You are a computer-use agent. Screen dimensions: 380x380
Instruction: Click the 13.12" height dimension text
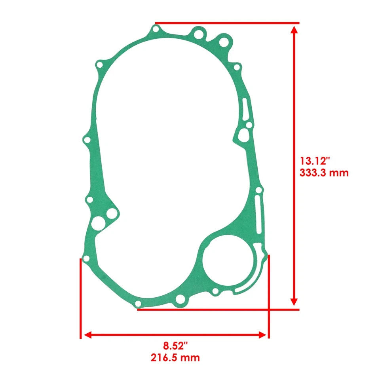(x=315, y=161)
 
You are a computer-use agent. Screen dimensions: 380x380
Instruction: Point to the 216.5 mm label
(x=175, y=358)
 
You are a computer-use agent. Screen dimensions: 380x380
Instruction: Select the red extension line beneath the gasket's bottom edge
(x=218, y=310)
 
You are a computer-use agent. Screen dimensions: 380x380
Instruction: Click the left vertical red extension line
(x=81, y=297)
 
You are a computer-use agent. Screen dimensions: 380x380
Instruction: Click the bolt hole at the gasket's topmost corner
(x=156, y=29)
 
